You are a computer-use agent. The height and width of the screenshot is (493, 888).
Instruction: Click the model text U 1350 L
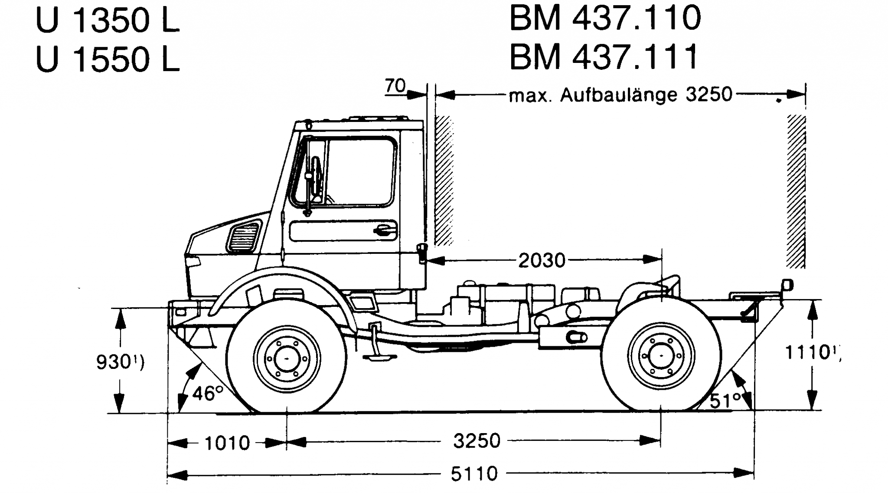(x=108, y=20)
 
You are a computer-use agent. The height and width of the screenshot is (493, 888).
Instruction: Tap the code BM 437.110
(x=605, y=18)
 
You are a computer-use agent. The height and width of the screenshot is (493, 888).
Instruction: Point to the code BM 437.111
(x=604, y=56)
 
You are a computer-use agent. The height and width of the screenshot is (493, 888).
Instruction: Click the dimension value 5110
(x=474, y=473)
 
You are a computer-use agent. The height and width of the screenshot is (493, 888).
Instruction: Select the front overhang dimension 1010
(x=227, y=443)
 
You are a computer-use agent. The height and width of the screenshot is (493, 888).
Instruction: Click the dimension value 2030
(x=542, y=260)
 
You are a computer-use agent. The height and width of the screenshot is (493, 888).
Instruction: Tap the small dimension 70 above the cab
(x=395, y=86)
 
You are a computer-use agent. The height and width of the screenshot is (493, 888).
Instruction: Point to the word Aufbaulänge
(x=620, y=95)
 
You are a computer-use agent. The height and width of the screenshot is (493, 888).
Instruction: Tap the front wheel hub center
(x=287, y=358)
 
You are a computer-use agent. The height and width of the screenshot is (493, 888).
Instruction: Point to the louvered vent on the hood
(x=245, y=237)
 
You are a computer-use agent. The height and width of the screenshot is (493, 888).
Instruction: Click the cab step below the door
(x=380, y=357)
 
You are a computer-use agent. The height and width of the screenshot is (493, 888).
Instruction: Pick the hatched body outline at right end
(x=797, y=191)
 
